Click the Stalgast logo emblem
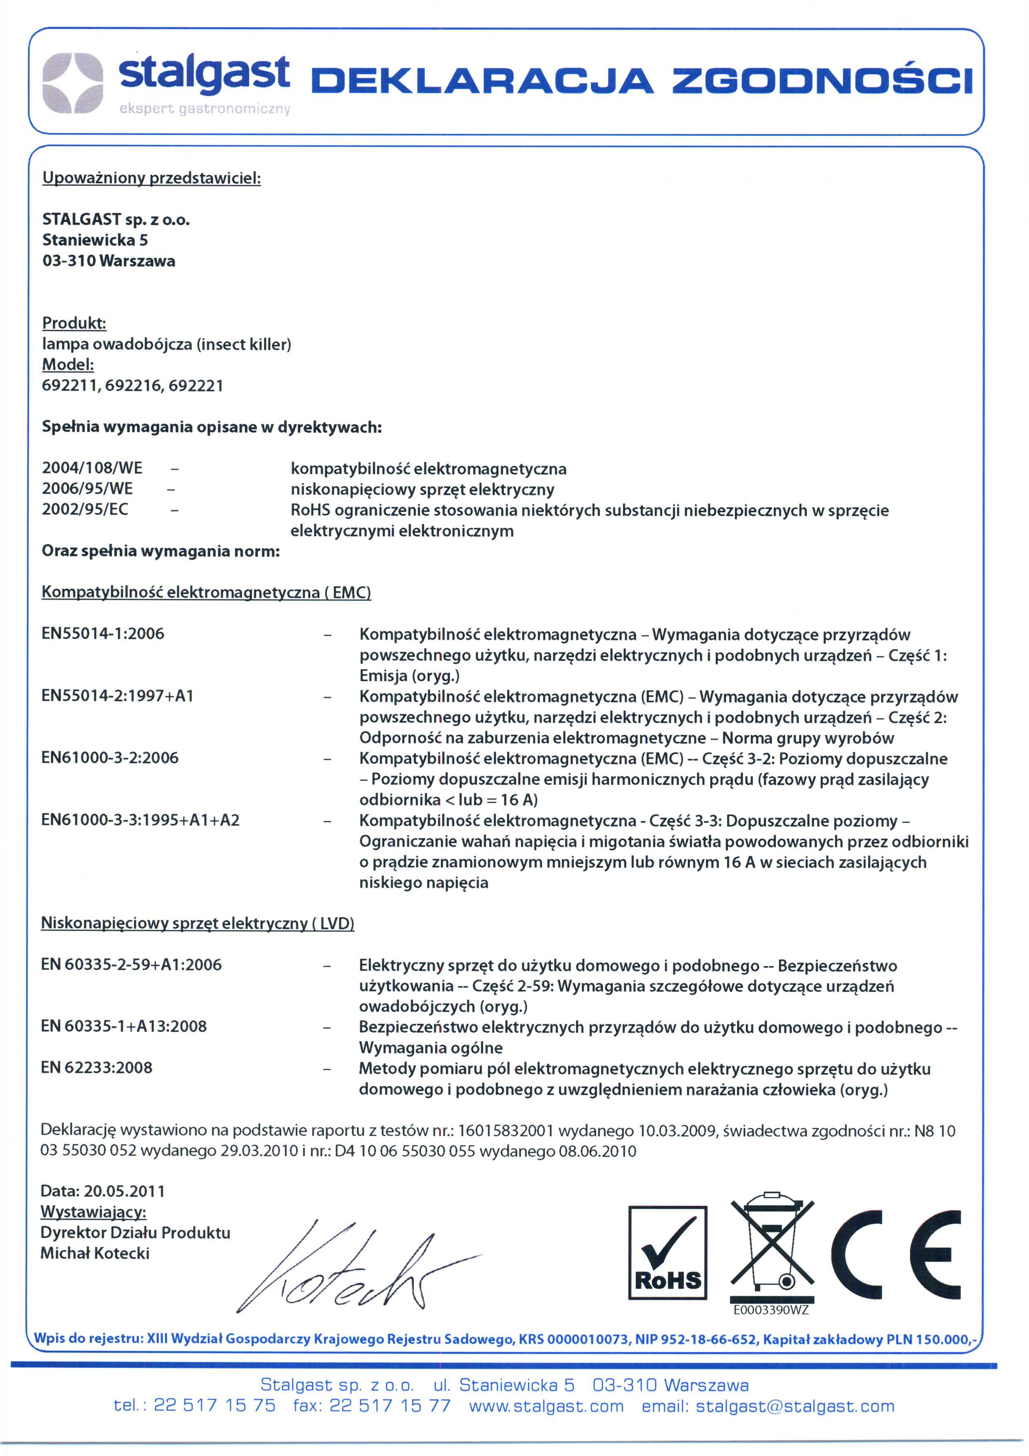[72, 83]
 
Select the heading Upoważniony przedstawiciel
[151, 178]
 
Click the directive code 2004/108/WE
[92, 468]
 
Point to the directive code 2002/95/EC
[85, 509]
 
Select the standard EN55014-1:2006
[103, 634]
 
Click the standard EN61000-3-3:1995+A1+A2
[140, 820]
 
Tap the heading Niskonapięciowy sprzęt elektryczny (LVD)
[197, 923]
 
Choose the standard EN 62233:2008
[96, 1068]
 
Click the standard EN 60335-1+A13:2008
[124, 1026]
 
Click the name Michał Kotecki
[95, 1253]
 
